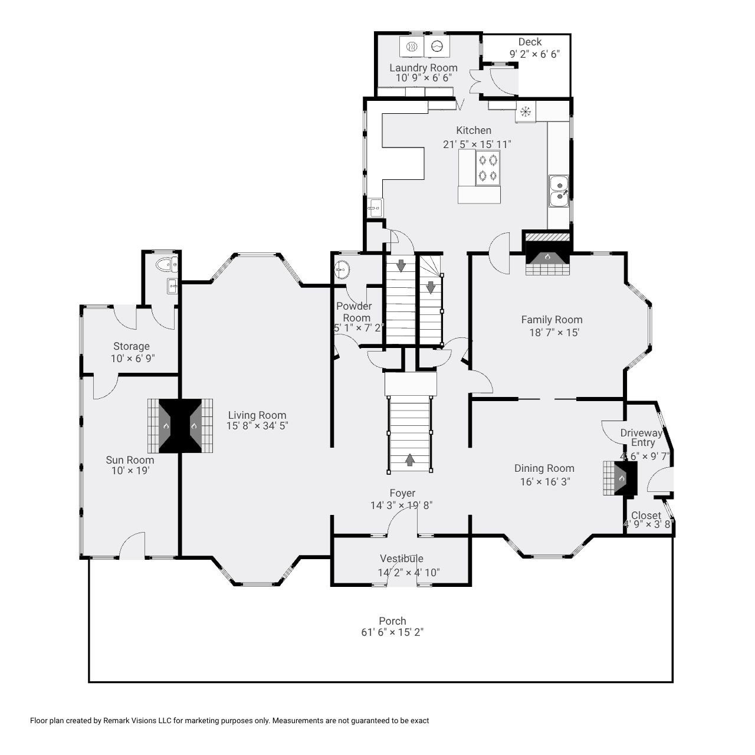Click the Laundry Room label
pyautogui.click(x=423, y=68)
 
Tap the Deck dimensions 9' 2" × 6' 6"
pyautogui.click(x=534, y=54)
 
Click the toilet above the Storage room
pyautogui.click(x=167, y=265)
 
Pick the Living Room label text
pyautogui.click(x=257, y=415)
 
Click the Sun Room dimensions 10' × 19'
pyautogui.click(x=130, y=471)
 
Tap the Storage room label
pyautogui.click(x=132, y=346)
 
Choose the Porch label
pyautogui.click(x=392, y=621)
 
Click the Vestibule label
pyautogui.click(x=401, y=559)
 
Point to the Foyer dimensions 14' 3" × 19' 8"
pyautogui.click(x=402, y=505)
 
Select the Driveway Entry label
pyautogui.click(x=642, y=438)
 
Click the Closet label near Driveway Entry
pyautogui.click(x=646, y=516)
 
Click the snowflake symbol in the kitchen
pyautogui.click(x=525, y=110)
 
